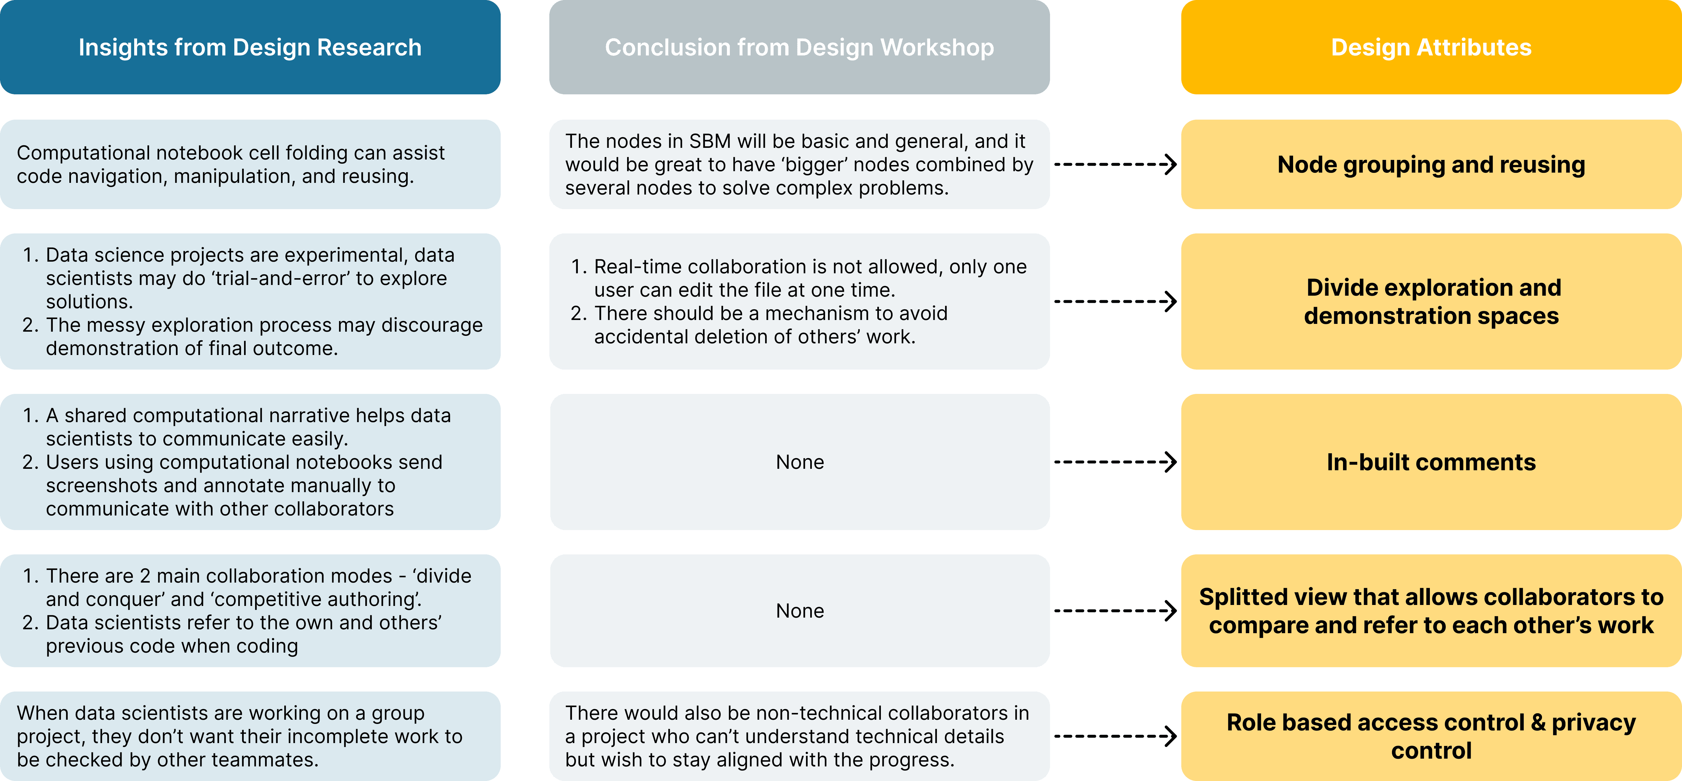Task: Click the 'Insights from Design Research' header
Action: (x=250, y=47)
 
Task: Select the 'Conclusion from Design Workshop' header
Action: (x=799, y=47)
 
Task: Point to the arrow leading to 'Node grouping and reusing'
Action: (x=1115, y=165)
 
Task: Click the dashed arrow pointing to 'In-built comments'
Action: (x=1115, y=462)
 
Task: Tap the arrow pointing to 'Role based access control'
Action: (x=1115, y=736)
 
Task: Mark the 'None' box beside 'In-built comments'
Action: (x=799, y=462)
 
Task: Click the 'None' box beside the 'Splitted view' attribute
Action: (x=799, y=610)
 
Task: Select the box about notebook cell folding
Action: (x=250, y=165)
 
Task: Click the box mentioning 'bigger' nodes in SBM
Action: (x=799, y=165)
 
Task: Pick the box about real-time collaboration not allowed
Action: (x=799, y=302)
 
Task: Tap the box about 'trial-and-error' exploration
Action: (x=250, y=302)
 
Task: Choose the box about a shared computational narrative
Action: (x=250, y=462)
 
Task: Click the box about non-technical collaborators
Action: (x=799, y=736)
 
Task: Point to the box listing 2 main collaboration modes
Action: (x=250, y=610)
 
